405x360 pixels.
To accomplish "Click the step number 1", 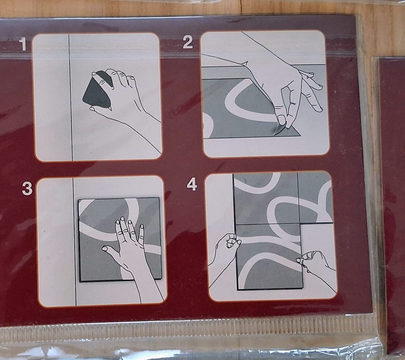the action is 23,44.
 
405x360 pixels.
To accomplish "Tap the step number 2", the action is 187,42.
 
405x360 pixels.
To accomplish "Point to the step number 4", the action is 192,184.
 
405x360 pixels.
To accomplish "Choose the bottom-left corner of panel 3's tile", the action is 80,281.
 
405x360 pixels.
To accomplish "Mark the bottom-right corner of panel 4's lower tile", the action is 302,288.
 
